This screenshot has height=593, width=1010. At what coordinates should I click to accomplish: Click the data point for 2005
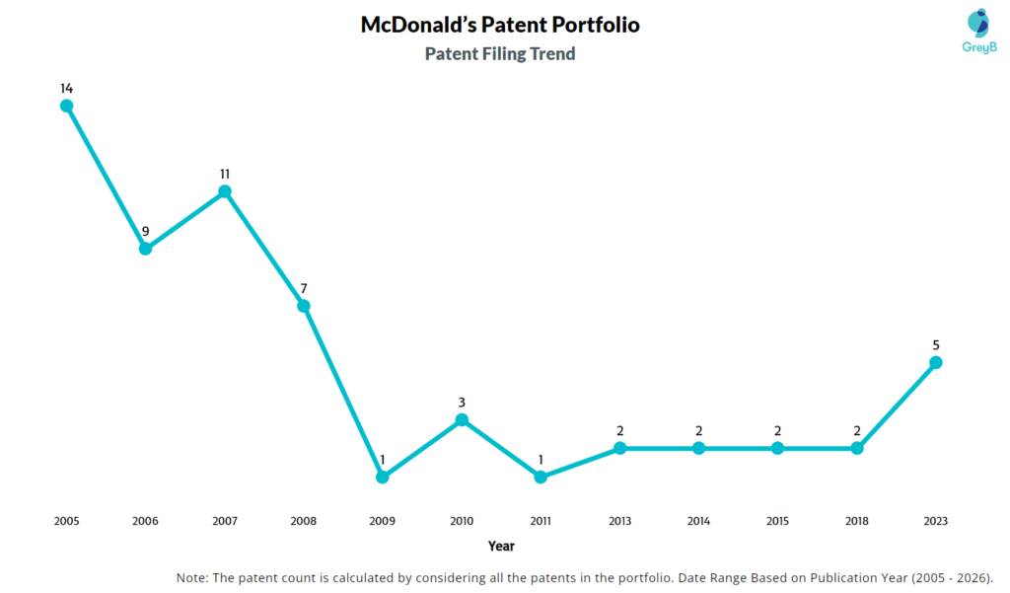66,106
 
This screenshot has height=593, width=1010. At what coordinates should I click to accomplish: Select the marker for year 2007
225,191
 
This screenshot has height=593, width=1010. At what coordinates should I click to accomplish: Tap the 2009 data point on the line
383,477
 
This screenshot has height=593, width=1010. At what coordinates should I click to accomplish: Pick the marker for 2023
936,363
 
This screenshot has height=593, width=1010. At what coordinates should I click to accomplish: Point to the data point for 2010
462,420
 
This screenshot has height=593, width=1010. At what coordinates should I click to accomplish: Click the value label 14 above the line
66,88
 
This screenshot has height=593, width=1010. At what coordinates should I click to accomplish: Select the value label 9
145,232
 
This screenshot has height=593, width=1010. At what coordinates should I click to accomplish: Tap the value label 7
304,288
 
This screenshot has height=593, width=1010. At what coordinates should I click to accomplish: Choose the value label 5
936,345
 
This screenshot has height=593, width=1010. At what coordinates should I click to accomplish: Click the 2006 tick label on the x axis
145,520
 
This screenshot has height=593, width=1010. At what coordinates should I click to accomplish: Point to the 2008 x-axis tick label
304,520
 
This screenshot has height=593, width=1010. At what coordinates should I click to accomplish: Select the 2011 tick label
541,520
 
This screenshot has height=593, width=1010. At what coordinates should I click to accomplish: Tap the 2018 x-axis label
857,520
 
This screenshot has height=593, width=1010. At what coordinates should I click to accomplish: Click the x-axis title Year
501,546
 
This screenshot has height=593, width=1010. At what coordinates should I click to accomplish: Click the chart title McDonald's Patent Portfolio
500,25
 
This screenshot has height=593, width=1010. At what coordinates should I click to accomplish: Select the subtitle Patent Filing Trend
500,54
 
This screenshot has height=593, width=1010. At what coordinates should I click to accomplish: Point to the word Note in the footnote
193,577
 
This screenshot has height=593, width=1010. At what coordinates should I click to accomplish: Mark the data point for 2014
698,448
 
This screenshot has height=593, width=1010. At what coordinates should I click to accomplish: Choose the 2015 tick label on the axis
777,520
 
